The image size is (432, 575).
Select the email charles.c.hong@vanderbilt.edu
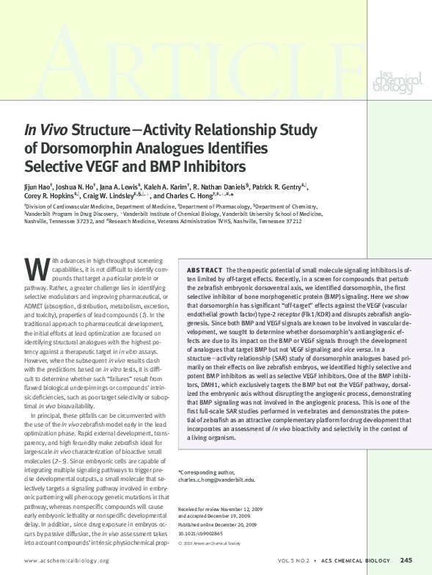tap(217, 480)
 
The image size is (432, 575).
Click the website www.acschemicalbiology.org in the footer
tap(67, 560)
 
